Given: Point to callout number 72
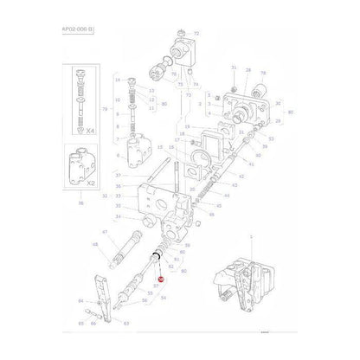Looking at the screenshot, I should pyautogui.click(x=196, y=32).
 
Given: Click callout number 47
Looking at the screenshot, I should pyautogui.click(x=106, y=233).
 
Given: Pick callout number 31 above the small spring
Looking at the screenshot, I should pyautogui.click(x=233, y=67).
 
